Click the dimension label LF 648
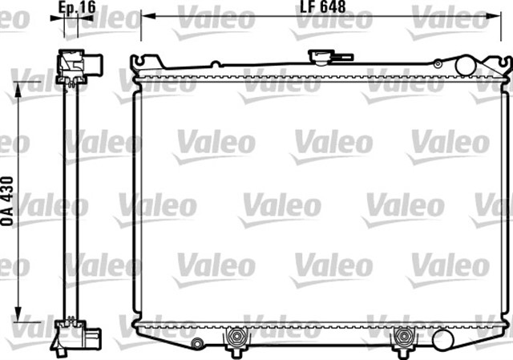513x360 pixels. point(322,6)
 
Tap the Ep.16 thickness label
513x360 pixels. point(77,7)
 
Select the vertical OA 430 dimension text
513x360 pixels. point(7,201)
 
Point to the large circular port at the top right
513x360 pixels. point(465,66)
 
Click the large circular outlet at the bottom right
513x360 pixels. point(442,340)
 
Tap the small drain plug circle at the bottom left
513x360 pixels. point(196,342)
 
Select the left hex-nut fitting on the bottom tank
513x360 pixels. point(236,337)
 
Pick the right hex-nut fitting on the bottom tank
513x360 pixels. point(403,337)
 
